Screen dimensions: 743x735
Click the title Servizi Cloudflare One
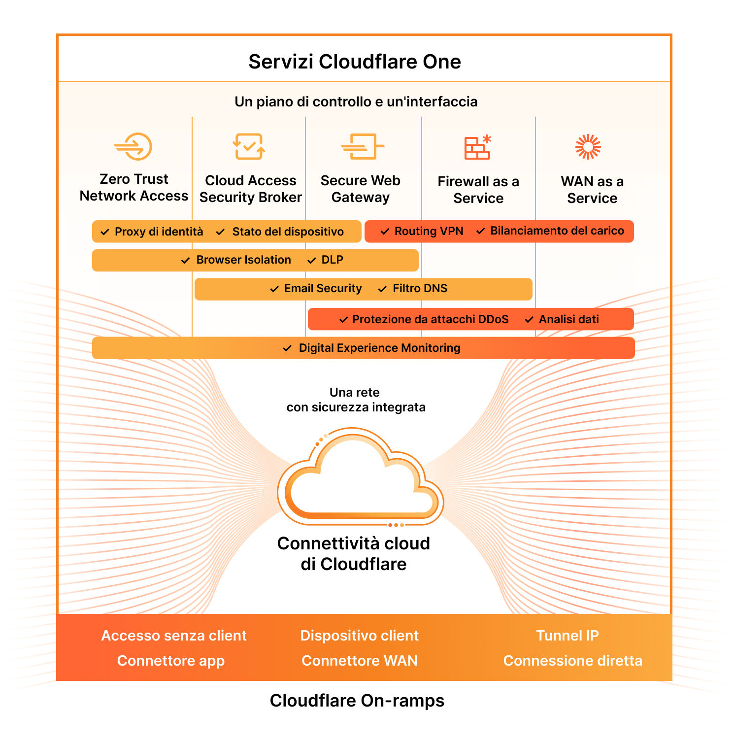point(355,62)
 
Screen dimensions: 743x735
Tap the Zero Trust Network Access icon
point(134,146)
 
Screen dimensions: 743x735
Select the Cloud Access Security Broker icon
point(249,146)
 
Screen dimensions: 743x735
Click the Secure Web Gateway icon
point(362,146)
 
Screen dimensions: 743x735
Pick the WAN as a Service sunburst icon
point(588,147)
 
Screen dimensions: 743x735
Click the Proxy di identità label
point(159,232)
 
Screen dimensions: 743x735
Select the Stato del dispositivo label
point(288,232)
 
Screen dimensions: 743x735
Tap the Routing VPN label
point(429,231)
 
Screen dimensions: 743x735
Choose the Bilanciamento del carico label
point(557,231)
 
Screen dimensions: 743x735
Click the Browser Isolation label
point(243,260)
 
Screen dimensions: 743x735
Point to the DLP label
point(332,260)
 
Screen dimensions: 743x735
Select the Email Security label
point(323,289)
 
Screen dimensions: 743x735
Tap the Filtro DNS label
point(420,289)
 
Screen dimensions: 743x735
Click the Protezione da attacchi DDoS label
point(430,319)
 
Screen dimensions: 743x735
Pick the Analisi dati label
point(568,319)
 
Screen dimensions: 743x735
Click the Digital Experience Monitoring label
point(379,348)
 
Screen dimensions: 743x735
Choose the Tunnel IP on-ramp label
point(568,636)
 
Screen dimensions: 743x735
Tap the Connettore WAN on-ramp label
point(360,661)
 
